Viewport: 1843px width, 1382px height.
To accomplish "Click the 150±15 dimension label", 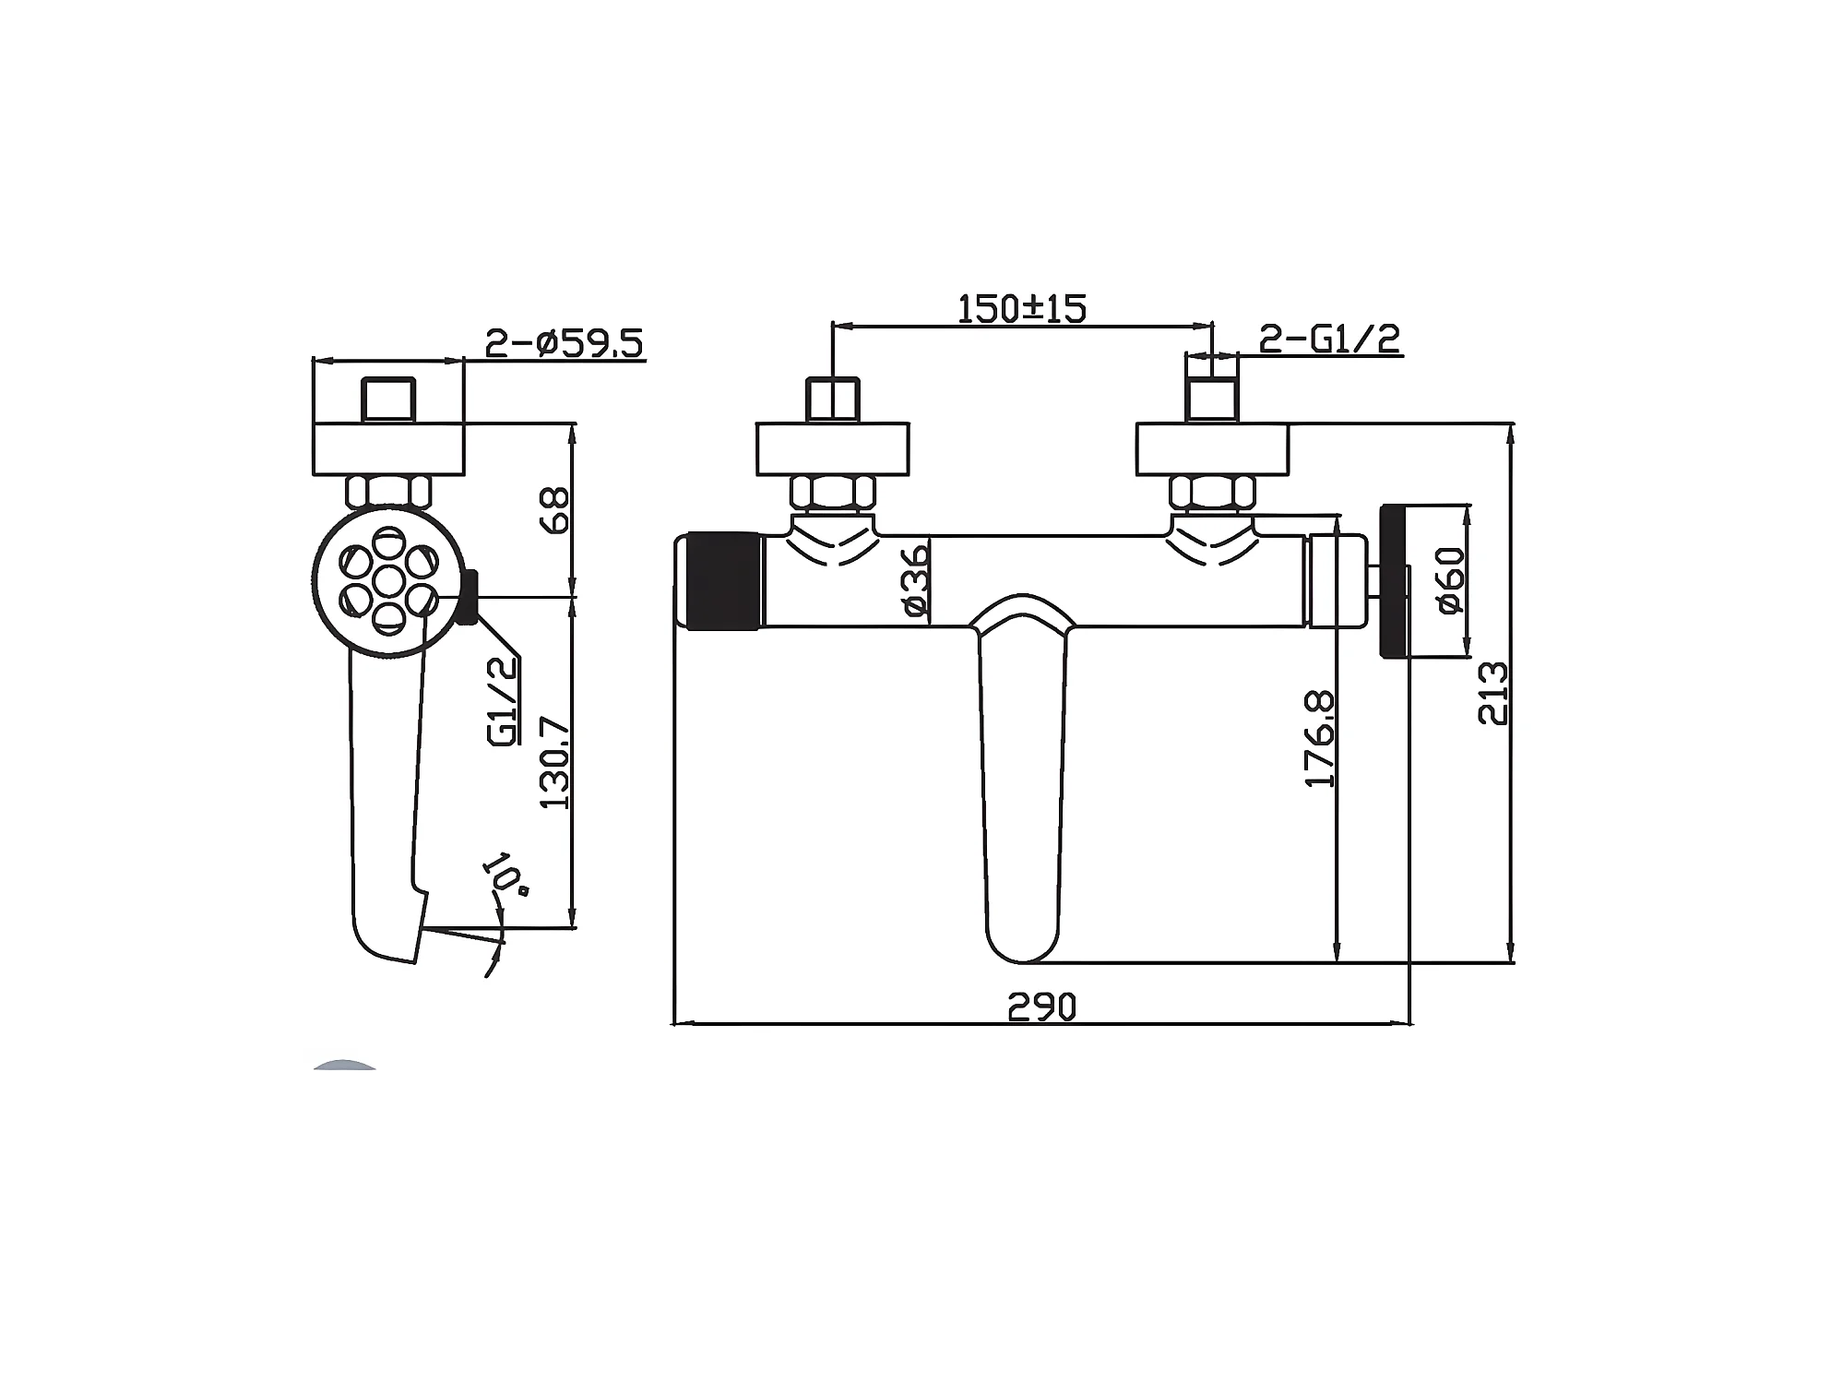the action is click(1022, 308).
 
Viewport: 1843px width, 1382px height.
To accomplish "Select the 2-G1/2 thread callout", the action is click(1329, 339).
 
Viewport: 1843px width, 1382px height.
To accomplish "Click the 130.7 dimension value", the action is click(556, 763).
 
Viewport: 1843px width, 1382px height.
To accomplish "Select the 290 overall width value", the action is click(1041, 1007).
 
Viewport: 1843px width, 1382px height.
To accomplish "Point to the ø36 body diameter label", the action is click(915, 580).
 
